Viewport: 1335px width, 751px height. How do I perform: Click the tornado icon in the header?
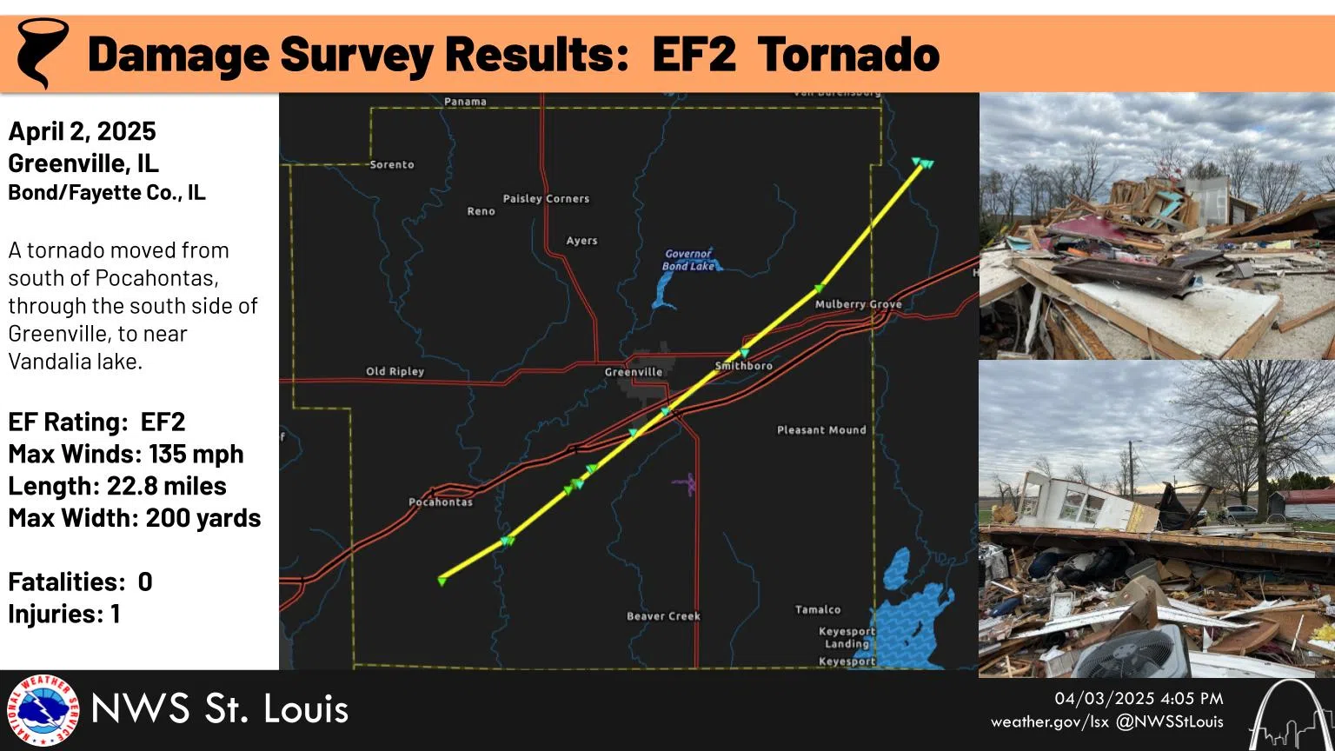[x=41, y=52]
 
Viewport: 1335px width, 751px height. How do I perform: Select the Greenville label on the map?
[x=634, y=372]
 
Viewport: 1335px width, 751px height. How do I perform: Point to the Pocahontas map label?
[x=441, y=502]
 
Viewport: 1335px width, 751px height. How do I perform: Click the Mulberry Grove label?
[x=858, y=304]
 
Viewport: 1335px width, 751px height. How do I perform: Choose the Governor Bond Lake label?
[x=688, y=260]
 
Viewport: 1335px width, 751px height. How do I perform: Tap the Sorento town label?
[x=392, y=164]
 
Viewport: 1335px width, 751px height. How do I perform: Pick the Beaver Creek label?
[x=663, y=616]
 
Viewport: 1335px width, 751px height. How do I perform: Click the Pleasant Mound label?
[x=821, y=430]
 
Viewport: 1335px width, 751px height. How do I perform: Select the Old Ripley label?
[x=395, y=371]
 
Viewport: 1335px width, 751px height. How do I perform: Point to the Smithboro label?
[x=744, y=366]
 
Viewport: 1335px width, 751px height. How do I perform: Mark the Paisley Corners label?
[x=546, y=199]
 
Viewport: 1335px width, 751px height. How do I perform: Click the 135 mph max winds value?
[x=196, y=454]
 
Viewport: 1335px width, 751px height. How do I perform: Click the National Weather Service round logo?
[x=42, y=711]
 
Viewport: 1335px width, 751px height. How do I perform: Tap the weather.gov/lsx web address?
[x=1050, y=721]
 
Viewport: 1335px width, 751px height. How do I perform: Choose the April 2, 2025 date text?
[x=83, y=131]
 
